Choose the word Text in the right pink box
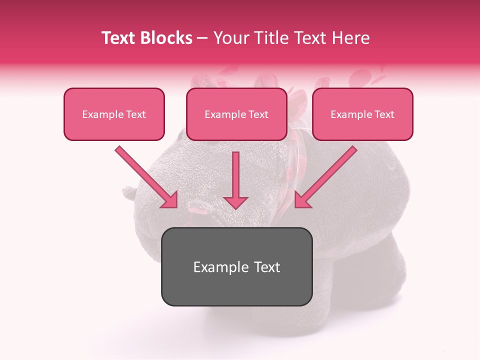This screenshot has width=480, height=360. (384, 114)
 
